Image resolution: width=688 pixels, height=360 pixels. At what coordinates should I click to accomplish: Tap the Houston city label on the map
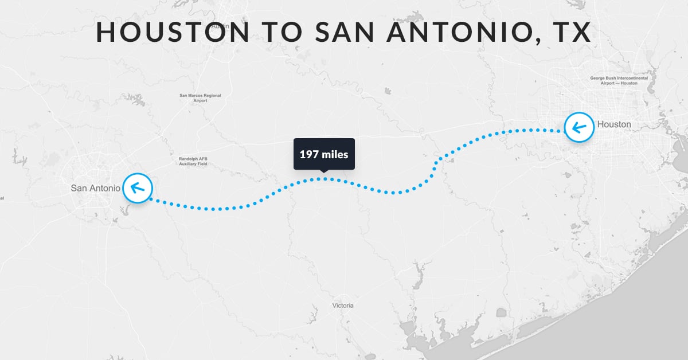(x=614, y=124)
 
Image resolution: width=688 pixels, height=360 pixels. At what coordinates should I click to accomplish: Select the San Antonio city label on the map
(x=96, y=188)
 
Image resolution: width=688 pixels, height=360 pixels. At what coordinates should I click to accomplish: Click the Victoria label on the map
(x=343, y=306)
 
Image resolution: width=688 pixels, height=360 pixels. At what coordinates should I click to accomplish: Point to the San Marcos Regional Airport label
(x=200, y=98)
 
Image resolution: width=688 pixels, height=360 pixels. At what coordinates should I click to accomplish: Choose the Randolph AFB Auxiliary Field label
(x=193, y=162)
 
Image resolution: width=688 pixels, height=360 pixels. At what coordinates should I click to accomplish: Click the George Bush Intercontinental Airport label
(x=613, y=81)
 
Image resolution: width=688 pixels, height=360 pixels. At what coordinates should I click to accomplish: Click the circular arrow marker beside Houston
(x=579, y=127)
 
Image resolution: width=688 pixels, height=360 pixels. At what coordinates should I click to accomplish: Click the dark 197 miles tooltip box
(x=324, y=154)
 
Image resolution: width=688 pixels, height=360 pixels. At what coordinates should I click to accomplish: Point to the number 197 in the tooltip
(x=309, y=154)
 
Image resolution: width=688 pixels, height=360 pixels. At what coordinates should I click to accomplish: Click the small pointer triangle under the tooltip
(x=324, y=171)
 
